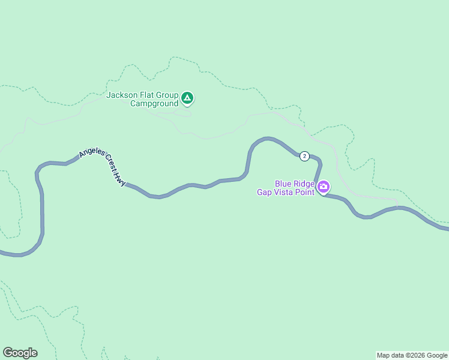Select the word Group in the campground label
tap(168, 95)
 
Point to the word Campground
tap(154, 103)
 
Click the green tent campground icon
tap(187, 98)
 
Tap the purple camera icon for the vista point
tap(324, 187)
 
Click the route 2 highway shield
tap(304, 156)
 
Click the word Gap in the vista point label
tap(265, 192)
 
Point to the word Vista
tap(284, 192)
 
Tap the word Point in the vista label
tap(305, 192)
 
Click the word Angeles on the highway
tap(92, 153)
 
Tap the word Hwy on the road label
tap(121, 179)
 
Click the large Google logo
tap(20, 353)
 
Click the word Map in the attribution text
tap(384, 355)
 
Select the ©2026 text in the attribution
tap(415, 355)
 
